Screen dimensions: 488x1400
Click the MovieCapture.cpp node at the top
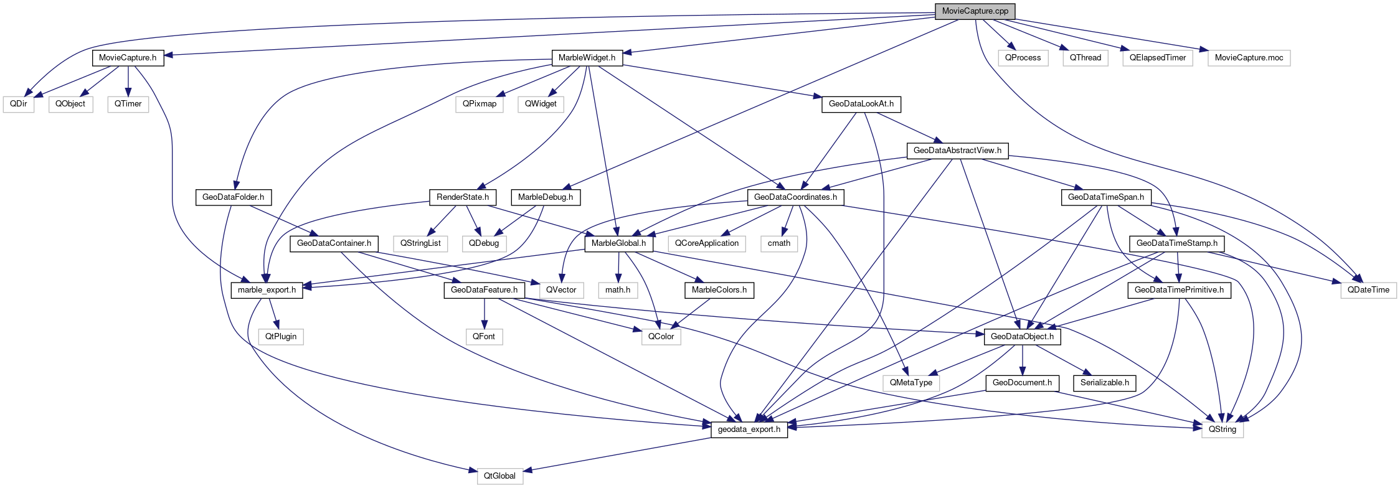[975, 11]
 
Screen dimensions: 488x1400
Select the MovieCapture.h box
[128, 58]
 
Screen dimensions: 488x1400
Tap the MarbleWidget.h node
[587, 58]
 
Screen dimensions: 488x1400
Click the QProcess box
[1023, 58]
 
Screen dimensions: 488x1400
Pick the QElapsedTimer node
[1158, 58]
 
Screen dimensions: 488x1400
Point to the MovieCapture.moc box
[1249, 58]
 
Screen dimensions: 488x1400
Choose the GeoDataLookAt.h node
[861, 104]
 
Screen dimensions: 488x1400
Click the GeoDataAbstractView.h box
[957, 151]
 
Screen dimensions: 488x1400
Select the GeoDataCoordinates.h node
[795, 197]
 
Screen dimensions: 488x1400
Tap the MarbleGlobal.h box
[618, 243]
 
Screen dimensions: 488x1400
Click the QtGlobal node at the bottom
[499, 476]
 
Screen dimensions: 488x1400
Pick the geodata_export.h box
[749, 429]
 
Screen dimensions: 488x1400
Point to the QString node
[1222, 429]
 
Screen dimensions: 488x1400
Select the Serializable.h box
[1104, 383]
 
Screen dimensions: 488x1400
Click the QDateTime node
[1368, 290]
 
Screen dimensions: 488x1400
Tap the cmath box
[778, 243]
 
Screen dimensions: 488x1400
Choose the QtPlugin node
[281, 337]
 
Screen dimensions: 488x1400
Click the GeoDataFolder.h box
[233, 197]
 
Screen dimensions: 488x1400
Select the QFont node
[484, 337]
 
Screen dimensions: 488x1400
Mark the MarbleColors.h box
[719, 290]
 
